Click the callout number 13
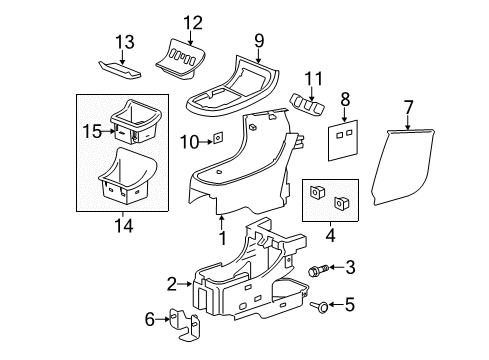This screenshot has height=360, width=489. click(x=124, y=41)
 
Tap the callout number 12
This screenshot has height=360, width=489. click(x=192, y=23)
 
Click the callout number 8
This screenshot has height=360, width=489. click(x=344, y=99)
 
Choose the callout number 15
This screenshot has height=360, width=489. click(x=90, y=131)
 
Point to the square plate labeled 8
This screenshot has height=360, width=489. click(x=342, y=135)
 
